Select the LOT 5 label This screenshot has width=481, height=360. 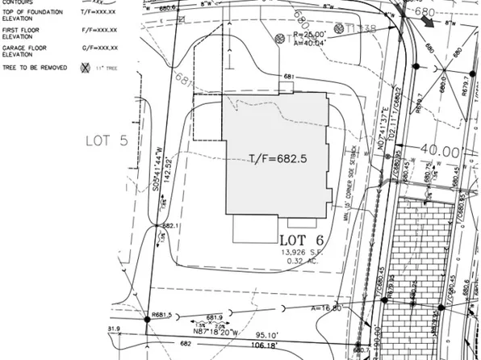pos(106,140)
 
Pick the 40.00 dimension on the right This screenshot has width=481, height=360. pos(438,151)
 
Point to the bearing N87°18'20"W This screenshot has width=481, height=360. pos(212,330)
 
